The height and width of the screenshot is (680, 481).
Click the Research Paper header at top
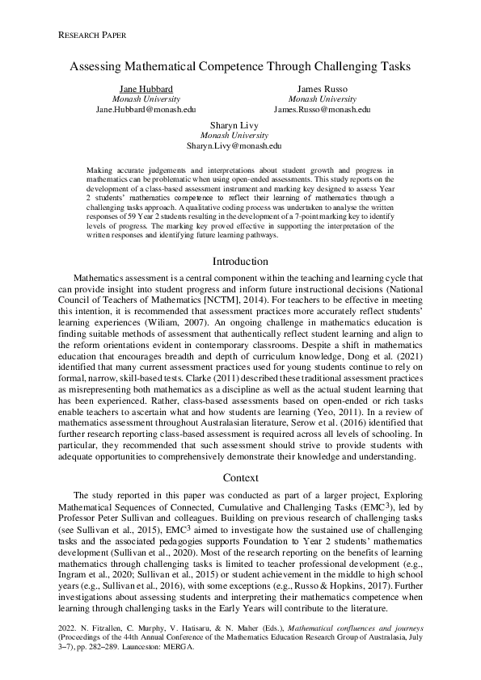point(93,36)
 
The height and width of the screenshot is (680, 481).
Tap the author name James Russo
point(322,88)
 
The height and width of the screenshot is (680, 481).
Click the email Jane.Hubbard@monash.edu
point(146,109)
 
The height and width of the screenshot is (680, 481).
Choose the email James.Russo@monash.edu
point(322,109)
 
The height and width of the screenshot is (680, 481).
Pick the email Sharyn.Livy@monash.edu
point(234,147)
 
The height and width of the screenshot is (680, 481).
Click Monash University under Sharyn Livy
point(234,136)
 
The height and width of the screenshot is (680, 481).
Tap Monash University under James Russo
point(322,99)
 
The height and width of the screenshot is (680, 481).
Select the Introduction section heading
point(240,262)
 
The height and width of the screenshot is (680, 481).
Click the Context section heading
point(240,477)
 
